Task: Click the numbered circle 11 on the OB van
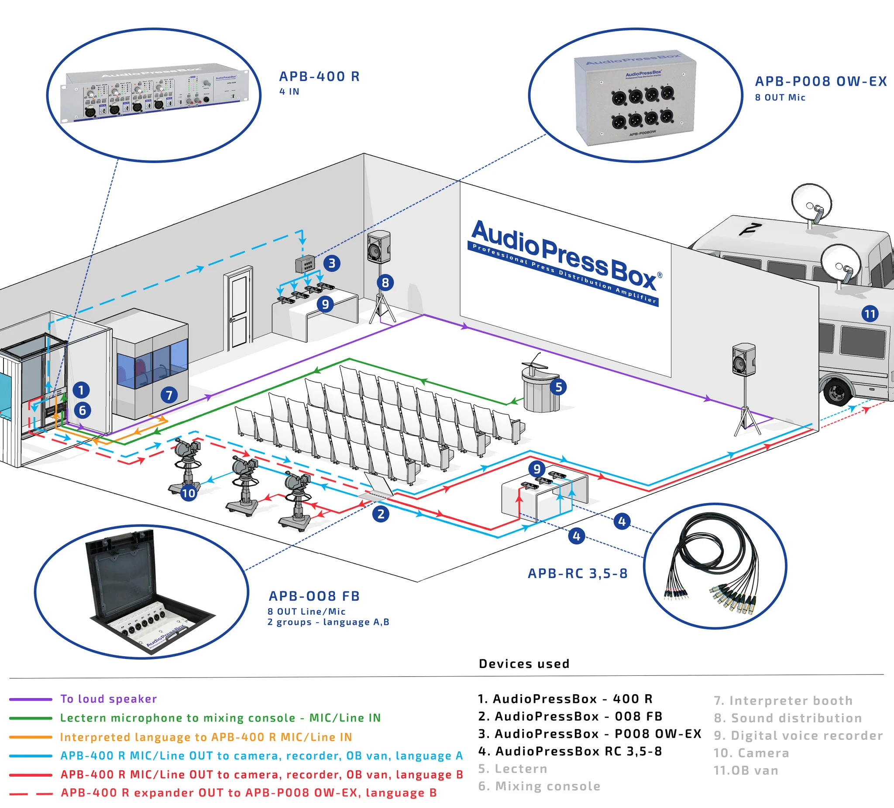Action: (870, 314)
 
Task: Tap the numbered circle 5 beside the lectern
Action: (558, 387)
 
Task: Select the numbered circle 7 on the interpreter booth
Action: (169, 394)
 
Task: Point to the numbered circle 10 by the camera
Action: (189, 493)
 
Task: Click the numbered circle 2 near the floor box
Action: (381, 514)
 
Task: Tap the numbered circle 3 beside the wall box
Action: (332, 263)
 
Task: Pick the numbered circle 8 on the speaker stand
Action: (385, 282)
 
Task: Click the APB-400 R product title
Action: (319, 76)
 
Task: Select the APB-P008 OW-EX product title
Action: (820, 82)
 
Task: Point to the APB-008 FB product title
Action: (314, 596)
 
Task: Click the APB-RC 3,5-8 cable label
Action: (578, 574)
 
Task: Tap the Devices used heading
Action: (524, 664)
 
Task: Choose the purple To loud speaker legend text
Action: (108, 699)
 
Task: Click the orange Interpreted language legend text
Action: (206, 737)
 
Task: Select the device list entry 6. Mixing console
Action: (539, 786)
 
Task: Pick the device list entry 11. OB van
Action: (746, 770)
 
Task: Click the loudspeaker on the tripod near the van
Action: (744, 359)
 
